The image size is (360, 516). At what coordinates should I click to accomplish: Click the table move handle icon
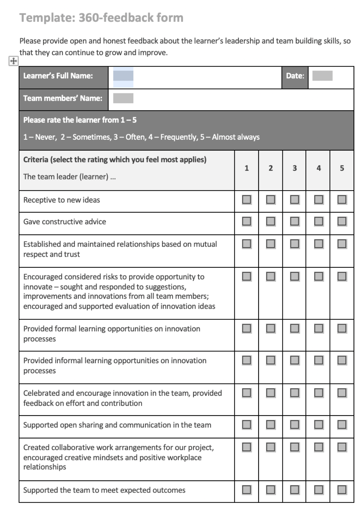[x=13, y=61]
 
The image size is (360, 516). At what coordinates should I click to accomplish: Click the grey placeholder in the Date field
[x=322, y=76]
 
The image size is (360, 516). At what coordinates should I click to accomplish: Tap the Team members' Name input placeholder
[x=123, y=98]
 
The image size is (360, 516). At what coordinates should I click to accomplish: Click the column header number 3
[x=295, y=168]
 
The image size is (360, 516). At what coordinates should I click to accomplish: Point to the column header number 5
[x=342, y=168]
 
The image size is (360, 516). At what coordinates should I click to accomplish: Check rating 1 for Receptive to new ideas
[x=246, y=200]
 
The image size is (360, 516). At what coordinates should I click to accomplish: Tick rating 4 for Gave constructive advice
[x=318, y=221]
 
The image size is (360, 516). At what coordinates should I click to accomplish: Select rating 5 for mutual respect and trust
[x=342, y=244]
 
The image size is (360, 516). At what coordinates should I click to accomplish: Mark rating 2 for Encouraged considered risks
[x=270, y=276]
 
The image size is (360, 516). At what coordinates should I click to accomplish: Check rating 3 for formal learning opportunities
[x=295, y=328]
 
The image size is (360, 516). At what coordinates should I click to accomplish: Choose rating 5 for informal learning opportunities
[x=342, y=360]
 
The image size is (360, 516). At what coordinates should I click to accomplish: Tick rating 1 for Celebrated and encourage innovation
[x=246, y=393]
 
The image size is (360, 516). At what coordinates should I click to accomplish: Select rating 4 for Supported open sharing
[x=318, y=425]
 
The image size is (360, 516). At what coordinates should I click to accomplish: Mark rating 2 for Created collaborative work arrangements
[x=270, y=447]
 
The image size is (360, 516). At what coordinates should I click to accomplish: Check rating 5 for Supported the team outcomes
[x=342, y=490]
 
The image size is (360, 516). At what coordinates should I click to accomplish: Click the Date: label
[x=295, y=76]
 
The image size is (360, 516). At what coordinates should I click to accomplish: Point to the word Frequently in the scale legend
[x=179, y=137]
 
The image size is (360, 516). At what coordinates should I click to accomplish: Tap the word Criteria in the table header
[x=36, y=160]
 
